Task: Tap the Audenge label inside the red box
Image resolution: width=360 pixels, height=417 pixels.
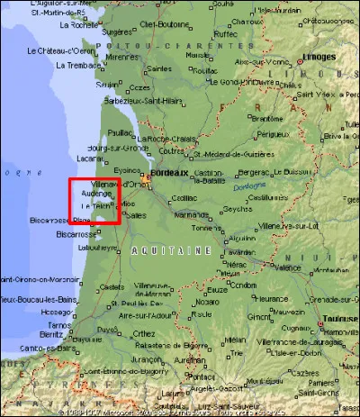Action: click(x=96, y=193)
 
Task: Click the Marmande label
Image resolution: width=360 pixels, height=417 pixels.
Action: click(x=192, y=215)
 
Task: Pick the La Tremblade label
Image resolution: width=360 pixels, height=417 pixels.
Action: click(x=76, y=65)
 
